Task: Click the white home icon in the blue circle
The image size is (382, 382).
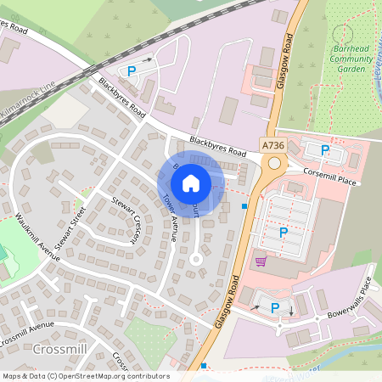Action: [191, 183]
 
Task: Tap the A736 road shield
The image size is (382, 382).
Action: [273, 145]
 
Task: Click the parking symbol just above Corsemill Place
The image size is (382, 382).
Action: [325, 150]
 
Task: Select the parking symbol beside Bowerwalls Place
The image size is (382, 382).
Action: [275, 308]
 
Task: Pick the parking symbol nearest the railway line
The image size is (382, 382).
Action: [132, 72]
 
